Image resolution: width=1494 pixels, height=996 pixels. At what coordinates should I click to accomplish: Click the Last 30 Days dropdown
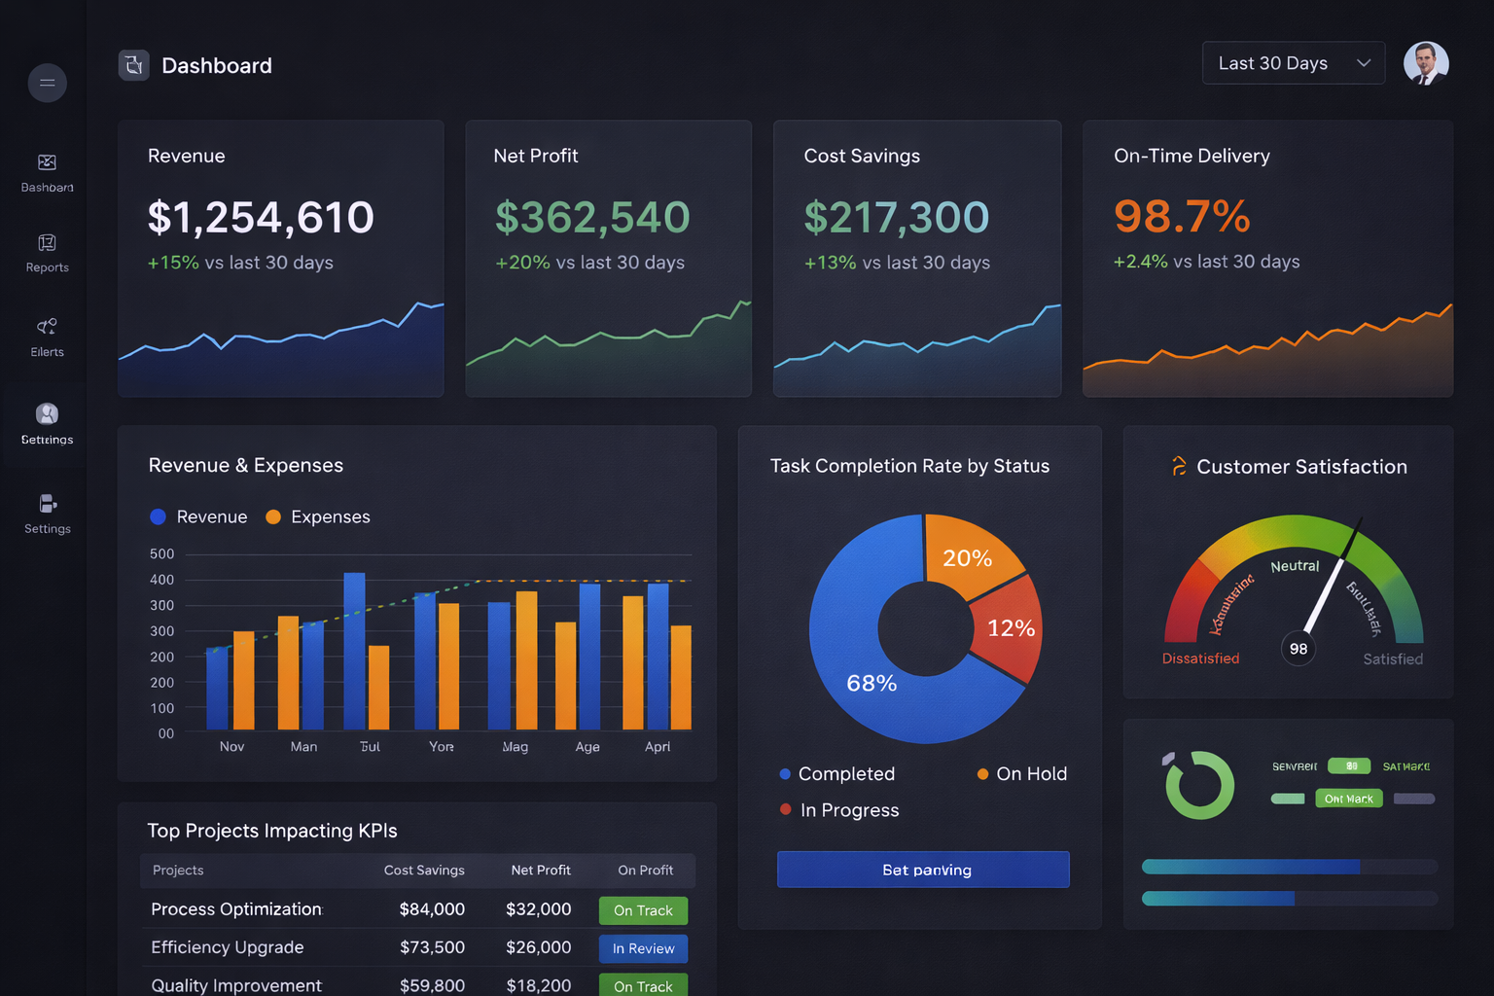[1293, 63]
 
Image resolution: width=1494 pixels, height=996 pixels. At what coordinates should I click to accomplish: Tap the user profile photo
[1426, 63]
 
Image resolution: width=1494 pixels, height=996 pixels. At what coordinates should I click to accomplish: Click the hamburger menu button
[47, 83]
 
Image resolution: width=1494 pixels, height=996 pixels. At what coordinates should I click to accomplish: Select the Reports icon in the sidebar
[47, 243]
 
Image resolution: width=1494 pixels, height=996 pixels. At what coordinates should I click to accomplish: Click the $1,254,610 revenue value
[261, 217]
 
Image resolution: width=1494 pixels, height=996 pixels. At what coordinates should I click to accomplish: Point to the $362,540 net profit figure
[592, 217]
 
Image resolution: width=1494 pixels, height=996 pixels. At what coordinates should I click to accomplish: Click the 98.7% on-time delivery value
[1182, 216]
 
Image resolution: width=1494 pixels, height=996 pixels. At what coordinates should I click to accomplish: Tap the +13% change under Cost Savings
[830, 263]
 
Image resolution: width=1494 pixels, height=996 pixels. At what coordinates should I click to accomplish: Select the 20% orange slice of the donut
[969, 554]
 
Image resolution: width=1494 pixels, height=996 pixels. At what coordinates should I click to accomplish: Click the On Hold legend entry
[1022, 774]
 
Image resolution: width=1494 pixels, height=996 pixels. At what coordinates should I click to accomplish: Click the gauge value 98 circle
[1298, 649]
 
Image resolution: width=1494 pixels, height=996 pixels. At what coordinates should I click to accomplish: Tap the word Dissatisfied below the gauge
[1200, 658]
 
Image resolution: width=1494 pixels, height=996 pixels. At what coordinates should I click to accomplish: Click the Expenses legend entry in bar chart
[318, 516]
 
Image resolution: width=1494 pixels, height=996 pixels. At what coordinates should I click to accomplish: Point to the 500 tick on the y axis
[161, 554]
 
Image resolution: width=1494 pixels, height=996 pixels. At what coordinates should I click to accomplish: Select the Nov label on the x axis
[231, 747]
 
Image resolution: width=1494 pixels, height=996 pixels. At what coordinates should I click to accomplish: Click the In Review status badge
[643, 948]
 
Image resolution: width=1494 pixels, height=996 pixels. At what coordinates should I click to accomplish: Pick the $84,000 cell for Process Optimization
[432, 909]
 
